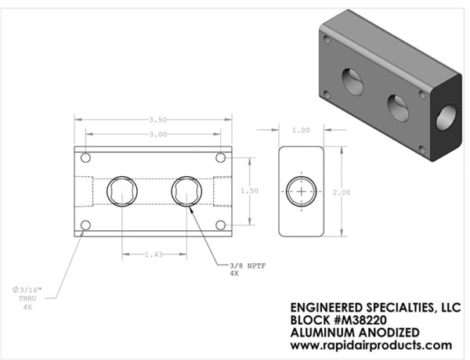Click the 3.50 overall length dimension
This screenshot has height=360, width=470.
pyautogui.click(x=158, y=120)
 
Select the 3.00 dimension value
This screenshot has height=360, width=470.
pyautogui.click(x=158, y=135)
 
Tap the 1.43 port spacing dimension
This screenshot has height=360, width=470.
pyautogui.click(x=154, y=254)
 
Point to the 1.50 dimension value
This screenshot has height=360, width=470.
pyautogui.click(x=249, y=191)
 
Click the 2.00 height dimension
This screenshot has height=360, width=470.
pyautogui.click(x=342, y=193)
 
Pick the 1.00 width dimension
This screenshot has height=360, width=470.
pyautogui.click(x=301, y=130)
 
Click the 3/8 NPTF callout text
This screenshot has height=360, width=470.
pyautogui.click(x=248, y=266)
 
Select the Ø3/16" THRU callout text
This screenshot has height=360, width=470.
pyautogui.click(x=27, y=298)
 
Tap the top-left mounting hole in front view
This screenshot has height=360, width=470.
pyautogui.click(x=85, y=157)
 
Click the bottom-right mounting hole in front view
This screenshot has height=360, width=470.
pyautogui.click(x=221, y=225)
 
